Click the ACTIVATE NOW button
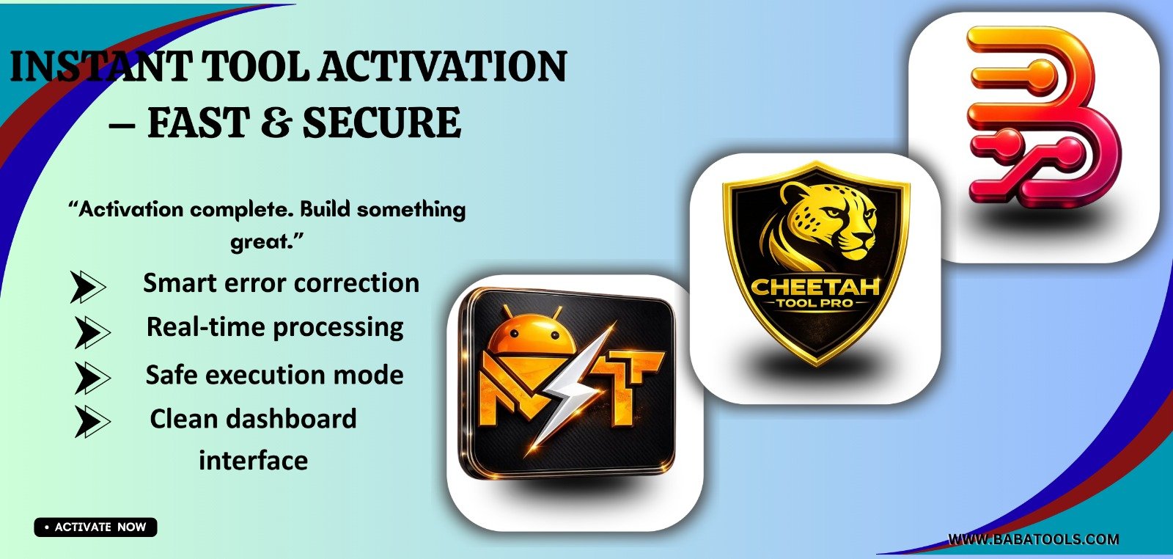pos(96,527)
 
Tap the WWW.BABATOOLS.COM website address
pos(1034,539)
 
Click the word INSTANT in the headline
pos(98,67)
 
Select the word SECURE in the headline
pos(382,123)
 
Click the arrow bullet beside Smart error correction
pos(87,286)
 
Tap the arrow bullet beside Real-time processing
pos(92,332)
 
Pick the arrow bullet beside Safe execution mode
pos(92,378)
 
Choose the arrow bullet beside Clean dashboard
pos(92,422)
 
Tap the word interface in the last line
pos(253,461)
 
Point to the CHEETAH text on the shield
pos(815,286)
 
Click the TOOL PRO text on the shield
pos(815,303)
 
